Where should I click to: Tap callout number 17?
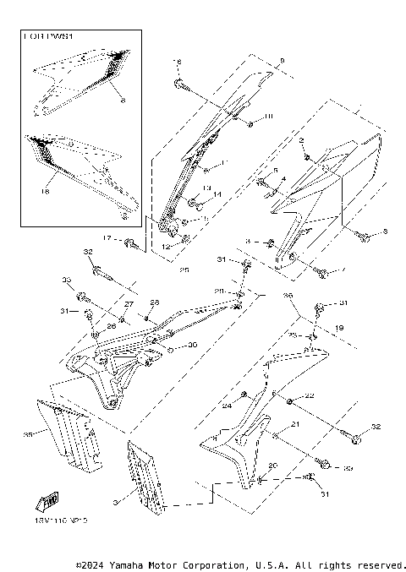pos(108,239)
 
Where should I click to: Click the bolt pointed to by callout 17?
pos(131,244)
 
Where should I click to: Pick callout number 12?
pos(167,246)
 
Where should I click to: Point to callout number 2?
pos(301,139)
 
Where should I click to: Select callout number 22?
pos(310,396)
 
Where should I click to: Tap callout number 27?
pos(129,303)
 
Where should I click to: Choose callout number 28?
pos(154,302)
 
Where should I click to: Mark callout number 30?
pos(192,345)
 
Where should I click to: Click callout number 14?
pos(217,195)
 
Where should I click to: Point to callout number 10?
pos(269,115)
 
